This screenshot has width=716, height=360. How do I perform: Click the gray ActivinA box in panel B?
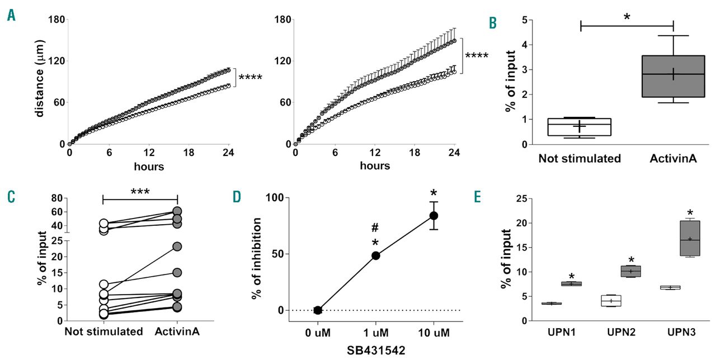click(x=673, y=77)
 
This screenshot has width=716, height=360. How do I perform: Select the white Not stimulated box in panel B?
click(x=579, y=127)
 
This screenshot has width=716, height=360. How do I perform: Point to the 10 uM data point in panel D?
click(x=433, y=215)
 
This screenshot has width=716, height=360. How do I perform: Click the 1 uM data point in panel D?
click(x=376, y=255)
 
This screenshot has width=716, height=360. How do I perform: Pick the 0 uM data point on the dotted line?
click(x=318, y=310)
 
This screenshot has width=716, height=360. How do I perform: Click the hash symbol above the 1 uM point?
click(x=376, y=228)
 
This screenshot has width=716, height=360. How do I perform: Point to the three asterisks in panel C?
click(x=140, y=191)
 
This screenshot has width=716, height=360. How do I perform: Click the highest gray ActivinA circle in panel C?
click(x=177, y=211)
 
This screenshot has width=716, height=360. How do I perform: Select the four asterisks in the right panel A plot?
click(x=477, y=56)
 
